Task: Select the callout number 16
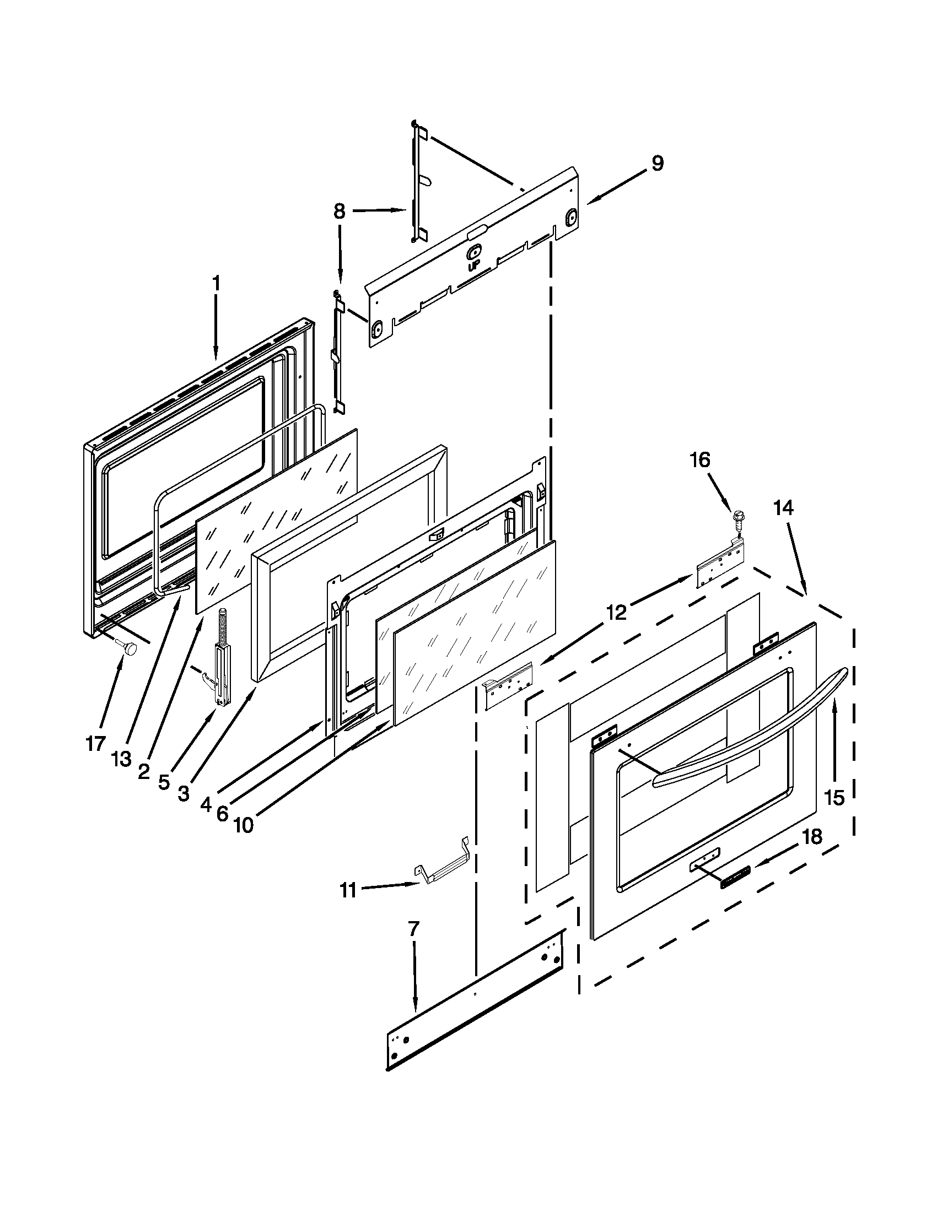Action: click(x=700, y=459)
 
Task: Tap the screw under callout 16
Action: click(x=737, y=519)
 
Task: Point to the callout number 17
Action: click(x=95, y=743)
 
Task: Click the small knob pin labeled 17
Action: click(x=129, y=648)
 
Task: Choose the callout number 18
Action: click(x=812, y=837)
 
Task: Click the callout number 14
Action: click(x=784, y=508)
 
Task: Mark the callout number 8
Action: click(x=339, y=211)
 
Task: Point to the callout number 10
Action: click(x=243, y=825)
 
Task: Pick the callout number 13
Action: click(x=121, y=759)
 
